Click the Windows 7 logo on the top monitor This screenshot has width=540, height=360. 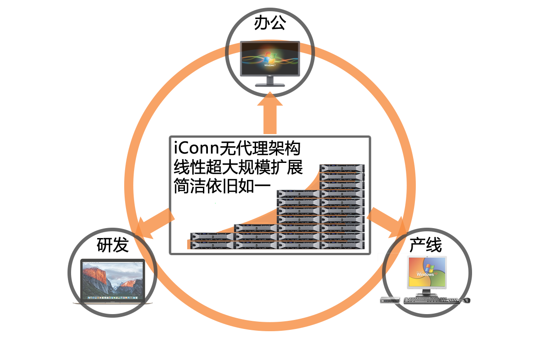270,58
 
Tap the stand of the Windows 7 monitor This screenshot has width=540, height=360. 270,81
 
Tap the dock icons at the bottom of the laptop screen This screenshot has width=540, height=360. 112,297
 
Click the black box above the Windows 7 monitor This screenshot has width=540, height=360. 270,26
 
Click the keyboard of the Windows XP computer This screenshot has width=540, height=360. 432,300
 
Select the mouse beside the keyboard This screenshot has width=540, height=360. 467,300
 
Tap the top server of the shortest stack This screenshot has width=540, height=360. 211,236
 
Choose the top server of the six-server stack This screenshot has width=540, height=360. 299,194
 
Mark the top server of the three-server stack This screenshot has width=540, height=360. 255,228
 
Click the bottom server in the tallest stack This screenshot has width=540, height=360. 342,245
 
